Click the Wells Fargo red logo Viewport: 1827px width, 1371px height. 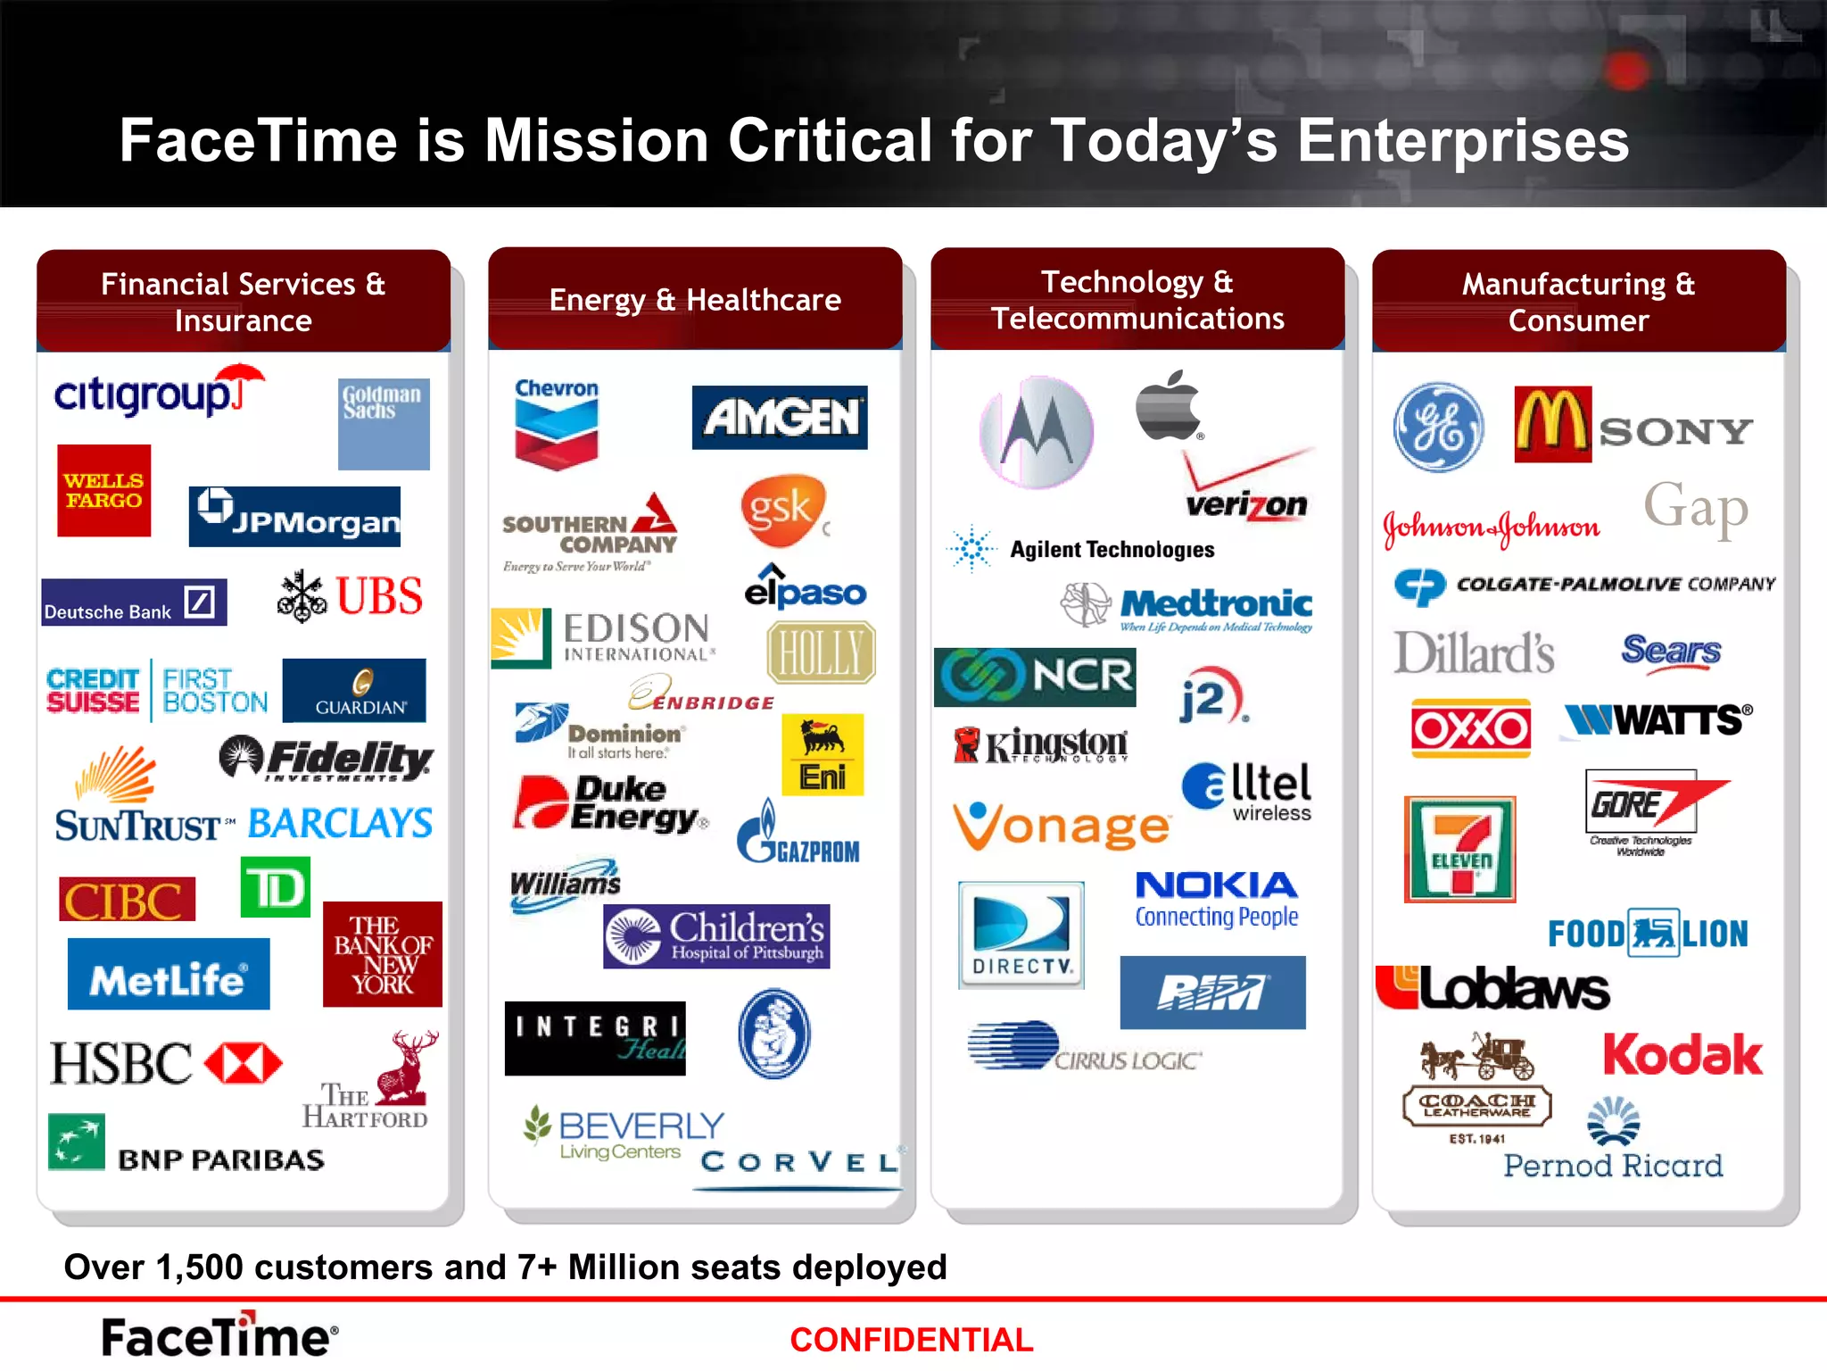[x=103, y=491]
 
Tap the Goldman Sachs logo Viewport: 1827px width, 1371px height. [x=384, y=424]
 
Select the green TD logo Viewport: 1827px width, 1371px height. [x=276, y=887]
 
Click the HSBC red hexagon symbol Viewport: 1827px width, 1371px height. [x=244, y=1063]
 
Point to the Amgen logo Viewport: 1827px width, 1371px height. [x=780, y=417]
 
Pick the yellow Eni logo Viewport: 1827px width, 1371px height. [x=822, y=755]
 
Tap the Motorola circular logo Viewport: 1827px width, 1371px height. [x=1037, y=432]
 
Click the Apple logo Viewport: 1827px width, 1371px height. [x=1168, y=406]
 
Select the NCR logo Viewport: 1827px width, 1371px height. [x=1035, y=677]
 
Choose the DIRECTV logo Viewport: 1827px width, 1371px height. [x=1021, y=935]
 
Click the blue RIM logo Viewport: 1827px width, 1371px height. [x=1212, y=993]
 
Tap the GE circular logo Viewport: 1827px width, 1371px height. [x=1438, y=428]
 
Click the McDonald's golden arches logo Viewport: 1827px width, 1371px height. [x=1552, y=424]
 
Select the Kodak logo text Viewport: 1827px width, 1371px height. [x=1682, y=1056]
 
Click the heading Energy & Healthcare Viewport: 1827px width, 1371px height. [x=695, y=300]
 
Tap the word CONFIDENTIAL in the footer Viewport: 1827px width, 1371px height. [x=911, y=1340]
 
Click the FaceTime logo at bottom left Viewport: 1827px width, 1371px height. [x=219, y=1336]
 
